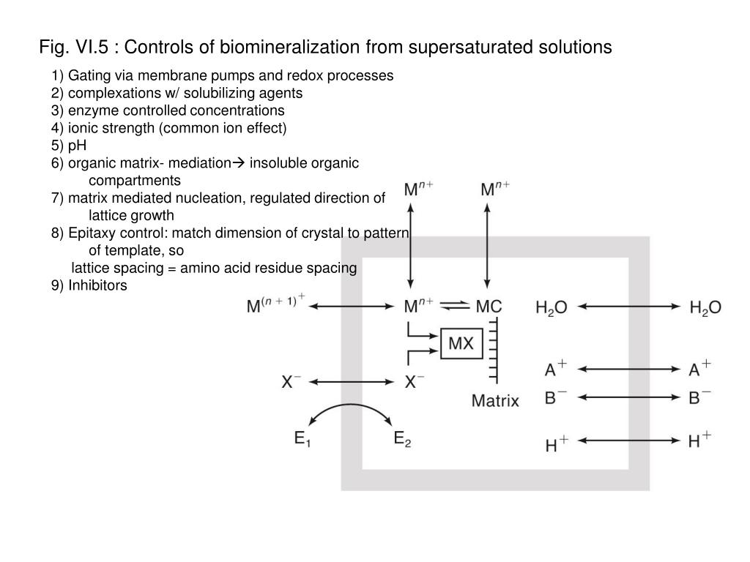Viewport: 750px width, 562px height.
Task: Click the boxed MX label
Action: pyautogui.click(x=461, y=344)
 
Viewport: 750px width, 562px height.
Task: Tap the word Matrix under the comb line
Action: pyautogui.click(x=495, y=400)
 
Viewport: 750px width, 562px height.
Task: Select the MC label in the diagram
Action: pyautogui.click(x=489, y=307)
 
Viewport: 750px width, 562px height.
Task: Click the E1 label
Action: pyautogui.click(x=304, y=439)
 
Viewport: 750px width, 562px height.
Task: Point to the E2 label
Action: pyautogui.click(x=402, y=439)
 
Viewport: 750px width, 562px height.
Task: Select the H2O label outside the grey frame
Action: pyautogui.click(x=705, y=308)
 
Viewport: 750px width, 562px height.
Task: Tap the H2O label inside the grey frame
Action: pyautogui.click(x=552, y=308)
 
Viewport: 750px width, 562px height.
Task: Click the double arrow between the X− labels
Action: pyautogui.click(x=354, y=381)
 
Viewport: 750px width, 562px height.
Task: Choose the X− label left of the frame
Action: pyautogui.click(x=292, y=381)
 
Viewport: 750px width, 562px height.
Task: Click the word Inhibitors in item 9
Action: pyautogui.click(x=97, y=285)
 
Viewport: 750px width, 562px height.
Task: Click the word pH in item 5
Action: pyautogui.click(x=78, y=145)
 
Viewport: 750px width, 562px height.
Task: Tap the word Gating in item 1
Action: pyautogui.click(x=88, y=75)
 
